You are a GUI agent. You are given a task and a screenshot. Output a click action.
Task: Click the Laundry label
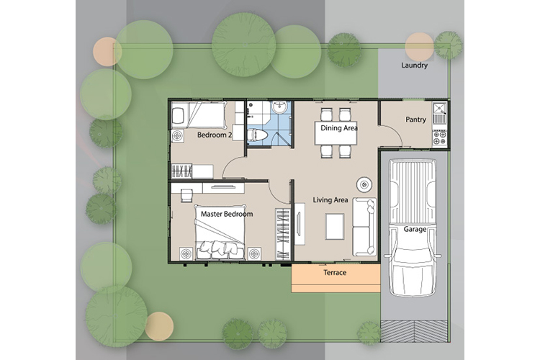click(x=414, y=65)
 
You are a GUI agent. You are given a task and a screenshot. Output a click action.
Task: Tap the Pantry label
click(x=415, y=120)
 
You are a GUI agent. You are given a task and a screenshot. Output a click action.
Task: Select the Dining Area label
click(x=339, y=128)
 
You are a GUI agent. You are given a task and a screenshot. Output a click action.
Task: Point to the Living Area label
click(x=330, y=200)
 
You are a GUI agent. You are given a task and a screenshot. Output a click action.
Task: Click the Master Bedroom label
click(x=227, y=214)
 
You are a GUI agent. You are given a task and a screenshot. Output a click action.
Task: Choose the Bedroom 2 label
click(x=214, y=135)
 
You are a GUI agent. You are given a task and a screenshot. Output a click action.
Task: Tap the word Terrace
click(x=335, y=273)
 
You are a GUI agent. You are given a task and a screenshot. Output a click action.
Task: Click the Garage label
click(x=415, y=229)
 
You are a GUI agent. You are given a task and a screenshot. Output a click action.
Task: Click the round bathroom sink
click(x=279, y=107)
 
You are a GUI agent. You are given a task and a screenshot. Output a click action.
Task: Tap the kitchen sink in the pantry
click(x=440, y=113)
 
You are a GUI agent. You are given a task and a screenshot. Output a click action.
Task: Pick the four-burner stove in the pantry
click(x=440, y=138)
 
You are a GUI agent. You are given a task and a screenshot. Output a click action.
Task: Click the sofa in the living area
click(x=364, y=227)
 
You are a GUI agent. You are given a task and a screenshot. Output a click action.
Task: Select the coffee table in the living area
click(x=335, y=226)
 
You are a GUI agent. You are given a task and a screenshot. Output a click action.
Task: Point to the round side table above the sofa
click(x=364, y=184)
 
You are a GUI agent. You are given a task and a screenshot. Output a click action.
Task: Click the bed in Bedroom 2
click(x=199, y=115)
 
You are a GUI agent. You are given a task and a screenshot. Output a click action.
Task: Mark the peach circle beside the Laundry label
click(x=419, y=47)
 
